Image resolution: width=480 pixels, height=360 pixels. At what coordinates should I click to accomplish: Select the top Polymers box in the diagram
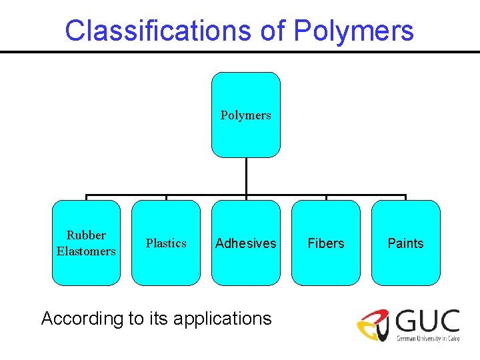(x=246, y=115)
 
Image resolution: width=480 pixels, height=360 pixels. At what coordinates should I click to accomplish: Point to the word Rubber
(x=86, y=235)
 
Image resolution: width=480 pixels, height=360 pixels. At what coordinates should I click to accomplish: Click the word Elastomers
(x=86, y=251)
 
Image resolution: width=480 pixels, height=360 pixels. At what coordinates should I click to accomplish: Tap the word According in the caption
(x=82, y=319)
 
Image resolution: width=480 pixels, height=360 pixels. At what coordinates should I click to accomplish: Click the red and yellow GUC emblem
(x=373, y=325)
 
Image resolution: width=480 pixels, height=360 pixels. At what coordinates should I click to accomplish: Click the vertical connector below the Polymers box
(x=246, y=177)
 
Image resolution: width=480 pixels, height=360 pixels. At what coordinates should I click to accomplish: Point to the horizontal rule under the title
(x=240, y=52)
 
